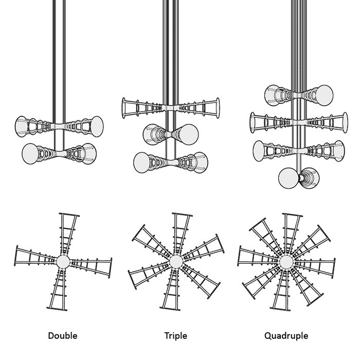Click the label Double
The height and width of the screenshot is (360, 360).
coord(63,336)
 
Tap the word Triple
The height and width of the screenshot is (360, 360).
coord(176,336)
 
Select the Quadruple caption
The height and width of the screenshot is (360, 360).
coord(286,336)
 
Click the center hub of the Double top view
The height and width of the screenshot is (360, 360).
coord(63,262)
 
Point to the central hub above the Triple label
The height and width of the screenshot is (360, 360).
coord(176,261)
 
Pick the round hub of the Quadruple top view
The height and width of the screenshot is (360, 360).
coord(286,262)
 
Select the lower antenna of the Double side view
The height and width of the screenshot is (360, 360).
coord(59,153)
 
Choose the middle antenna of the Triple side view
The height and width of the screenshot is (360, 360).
coord(171,134)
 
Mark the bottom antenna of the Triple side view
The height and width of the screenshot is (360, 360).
coord(171,162)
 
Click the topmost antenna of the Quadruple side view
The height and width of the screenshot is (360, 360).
coord(298,95)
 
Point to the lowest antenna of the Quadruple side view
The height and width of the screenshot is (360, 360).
coord(299,178)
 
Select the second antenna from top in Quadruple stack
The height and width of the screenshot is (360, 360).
coord(298,122)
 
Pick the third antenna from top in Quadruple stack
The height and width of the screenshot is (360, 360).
coord(298,151)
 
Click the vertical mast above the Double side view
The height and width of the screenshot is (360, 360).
coord(60,51)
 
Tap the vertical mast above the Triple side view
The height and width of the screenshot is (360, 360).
coord(171,46)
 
